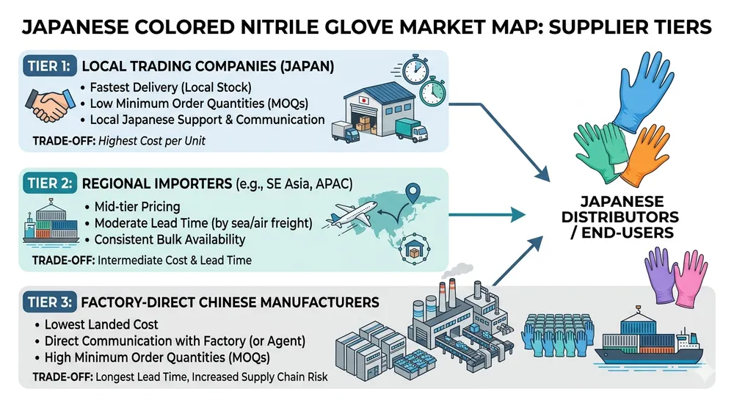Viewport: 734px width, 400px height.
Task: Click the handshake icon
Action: click(46, 106)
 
